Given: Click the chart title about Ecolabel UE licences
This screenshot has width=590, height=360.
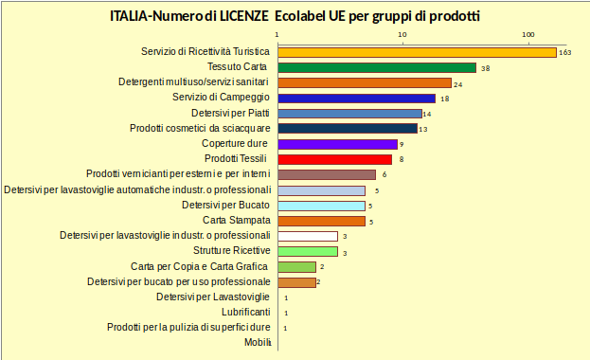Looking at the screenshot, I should click(295, 16).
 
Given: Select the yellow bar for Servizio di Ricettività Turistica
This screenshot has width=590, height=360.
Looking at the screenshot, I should click(416, 52).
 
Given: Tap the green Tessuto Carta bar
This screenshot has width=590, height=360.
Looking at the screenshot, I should click(376, 67).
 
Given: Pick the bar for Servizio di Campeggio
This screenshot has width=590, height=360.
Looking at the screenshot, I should click(356, 98).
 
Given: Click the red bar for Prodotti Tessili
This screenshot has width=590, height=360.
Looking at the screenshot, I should click(334, 159).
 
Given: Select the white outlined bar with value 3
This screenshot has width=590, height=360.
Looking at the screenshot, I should click(307, 236).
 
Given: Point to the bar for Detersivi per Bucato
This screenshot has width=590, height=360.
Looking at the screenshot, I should click(320, 206).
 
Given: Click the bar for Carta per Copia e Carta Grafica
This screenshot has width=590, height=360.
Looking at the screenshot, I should click(296, 267).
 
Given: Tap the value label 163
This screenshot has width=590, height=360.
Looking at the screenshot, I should click(566, 53).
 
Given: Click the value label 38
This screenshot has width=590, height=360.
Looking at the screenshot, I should click(484, 68).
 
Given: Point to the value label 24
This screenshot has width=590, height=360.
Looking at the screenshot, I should click(457, 83).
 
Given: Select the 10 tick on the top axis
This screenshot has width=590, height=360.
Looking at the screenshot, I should click(402, 35).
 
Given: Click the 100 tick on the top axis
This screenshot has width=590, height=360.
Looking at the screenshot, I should click(528, 35).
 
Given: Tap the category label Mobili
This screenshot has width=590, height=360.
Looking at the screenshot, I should click(258, 342).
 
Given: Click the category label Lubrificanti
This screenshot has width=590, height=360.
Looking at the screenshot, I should click(246, 312).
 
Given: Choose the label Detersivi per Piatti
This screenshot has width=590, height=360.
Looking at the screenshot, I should click(231, 113).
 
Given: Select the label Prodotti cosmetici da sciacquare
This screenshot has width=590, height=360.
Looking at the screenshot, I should click(200, 128).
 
